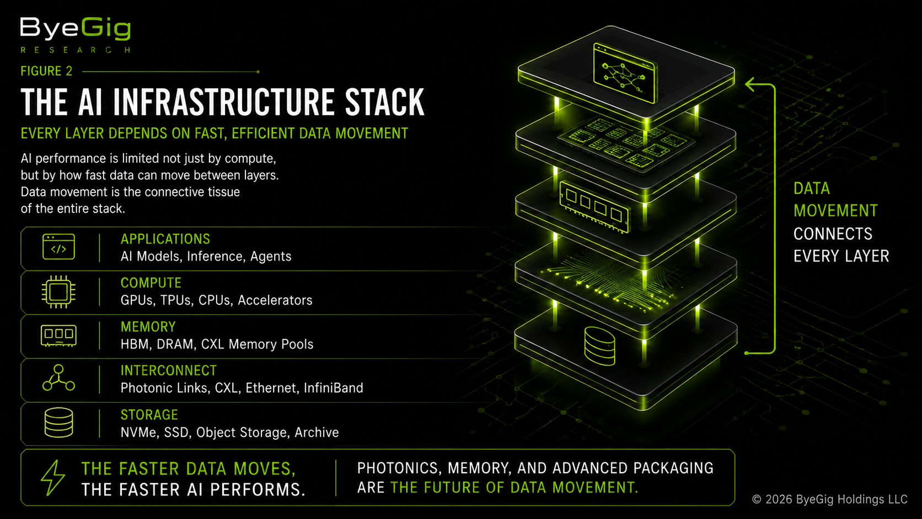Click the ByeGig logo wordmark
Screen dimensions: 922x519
coord(76,29)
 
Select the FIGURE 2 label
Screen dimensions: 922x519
coord(46,71)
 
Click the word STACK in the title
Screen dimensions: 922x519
coord(384,101)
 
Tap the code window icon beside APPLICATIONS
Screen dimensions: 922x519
coord(58,247)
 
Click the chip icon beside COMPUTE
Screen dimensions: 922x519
coord(58,292)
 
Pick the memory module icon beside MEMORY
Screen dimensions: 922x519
coord(58,335)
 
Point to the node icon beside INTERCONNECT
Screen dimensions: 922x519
coord(58,377)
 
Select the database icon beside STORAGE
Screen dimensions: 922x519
coord(58,422)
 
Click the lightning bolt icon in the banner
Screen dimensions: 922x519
coord(53,478)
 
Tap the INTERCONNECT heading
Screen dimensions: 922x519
coord(168,371)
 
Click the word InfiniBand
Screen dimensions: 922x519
coord(334,388)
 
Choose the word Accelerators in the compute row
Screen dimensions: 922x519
coord(275,300)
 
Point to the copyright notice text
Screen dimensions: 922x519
coord(830,499)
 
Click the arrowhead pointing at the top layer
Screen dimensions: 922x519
coord(750,84)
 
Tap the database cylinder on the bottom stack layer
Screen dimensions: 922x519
coord(600,346)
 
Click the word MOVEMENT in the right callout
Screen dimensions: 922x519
coord(835,211)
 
